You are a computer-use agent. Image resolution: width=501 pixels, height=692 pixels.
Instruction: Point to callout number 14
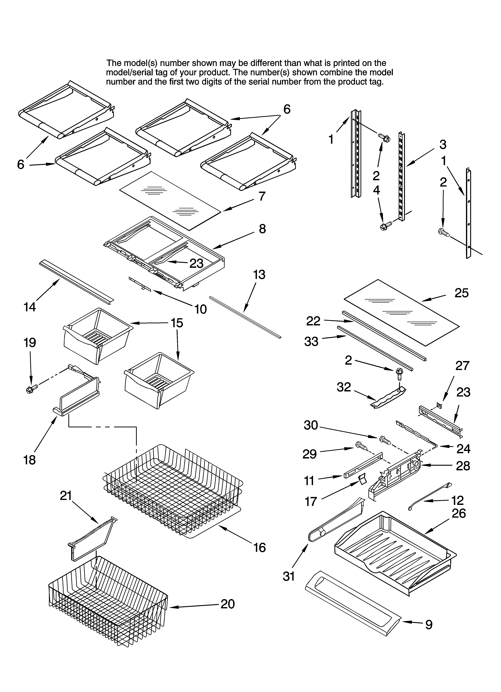(30, 307)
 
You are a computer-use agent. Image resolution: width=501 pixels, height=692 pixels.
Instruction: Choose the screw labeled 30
(385, 440)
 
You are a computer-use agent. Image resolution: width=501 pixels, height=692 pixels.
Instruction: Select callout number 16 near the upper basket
(259, 548)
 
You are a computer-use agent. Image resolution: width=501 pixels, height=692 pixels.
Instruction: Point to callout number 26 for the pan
(459, 514)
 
